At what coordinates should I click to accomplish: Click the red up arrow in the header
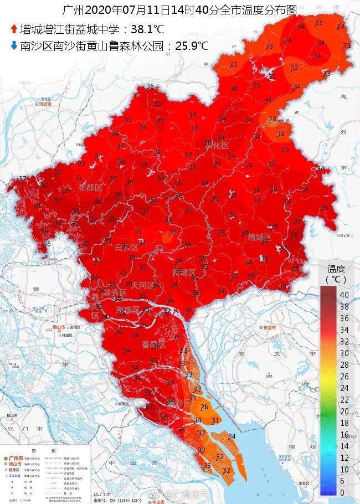pyautogui.click(x=13, y=29)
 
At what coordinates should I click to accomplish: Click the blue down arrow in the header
pyautogui.click(x=13, y=46)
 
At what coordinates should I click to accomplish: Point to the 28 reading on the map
pyautogui.click(x=272, y=119)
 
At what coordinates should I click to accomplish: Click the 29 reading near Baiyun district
pyautogui.click(x=172, y=232)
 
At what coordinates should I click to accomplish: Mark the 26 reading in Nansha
pyautogui.click(x=204, y=407)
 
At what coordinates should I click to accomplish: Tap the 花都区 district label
pyautogui.click(x=90, y=188)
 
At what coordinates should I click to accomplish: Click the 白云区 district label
pyautogui.click(x=126, y=247)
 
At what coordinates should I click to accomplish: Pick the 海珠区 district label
pyautogui.click(x=128, y=309)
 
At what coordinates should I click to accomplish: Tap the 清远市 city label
pyautogui.click(x=45, y=104)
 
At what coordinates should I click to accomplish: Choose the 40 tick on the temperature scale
pyautogui.click(x=344, y=295)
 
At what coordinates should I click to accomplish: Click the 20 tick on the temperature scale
pyautogui.click(x=344, y=411)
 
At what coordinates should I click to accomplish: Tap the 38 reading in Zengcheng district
pyautogui.click(x=294, y=234)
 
